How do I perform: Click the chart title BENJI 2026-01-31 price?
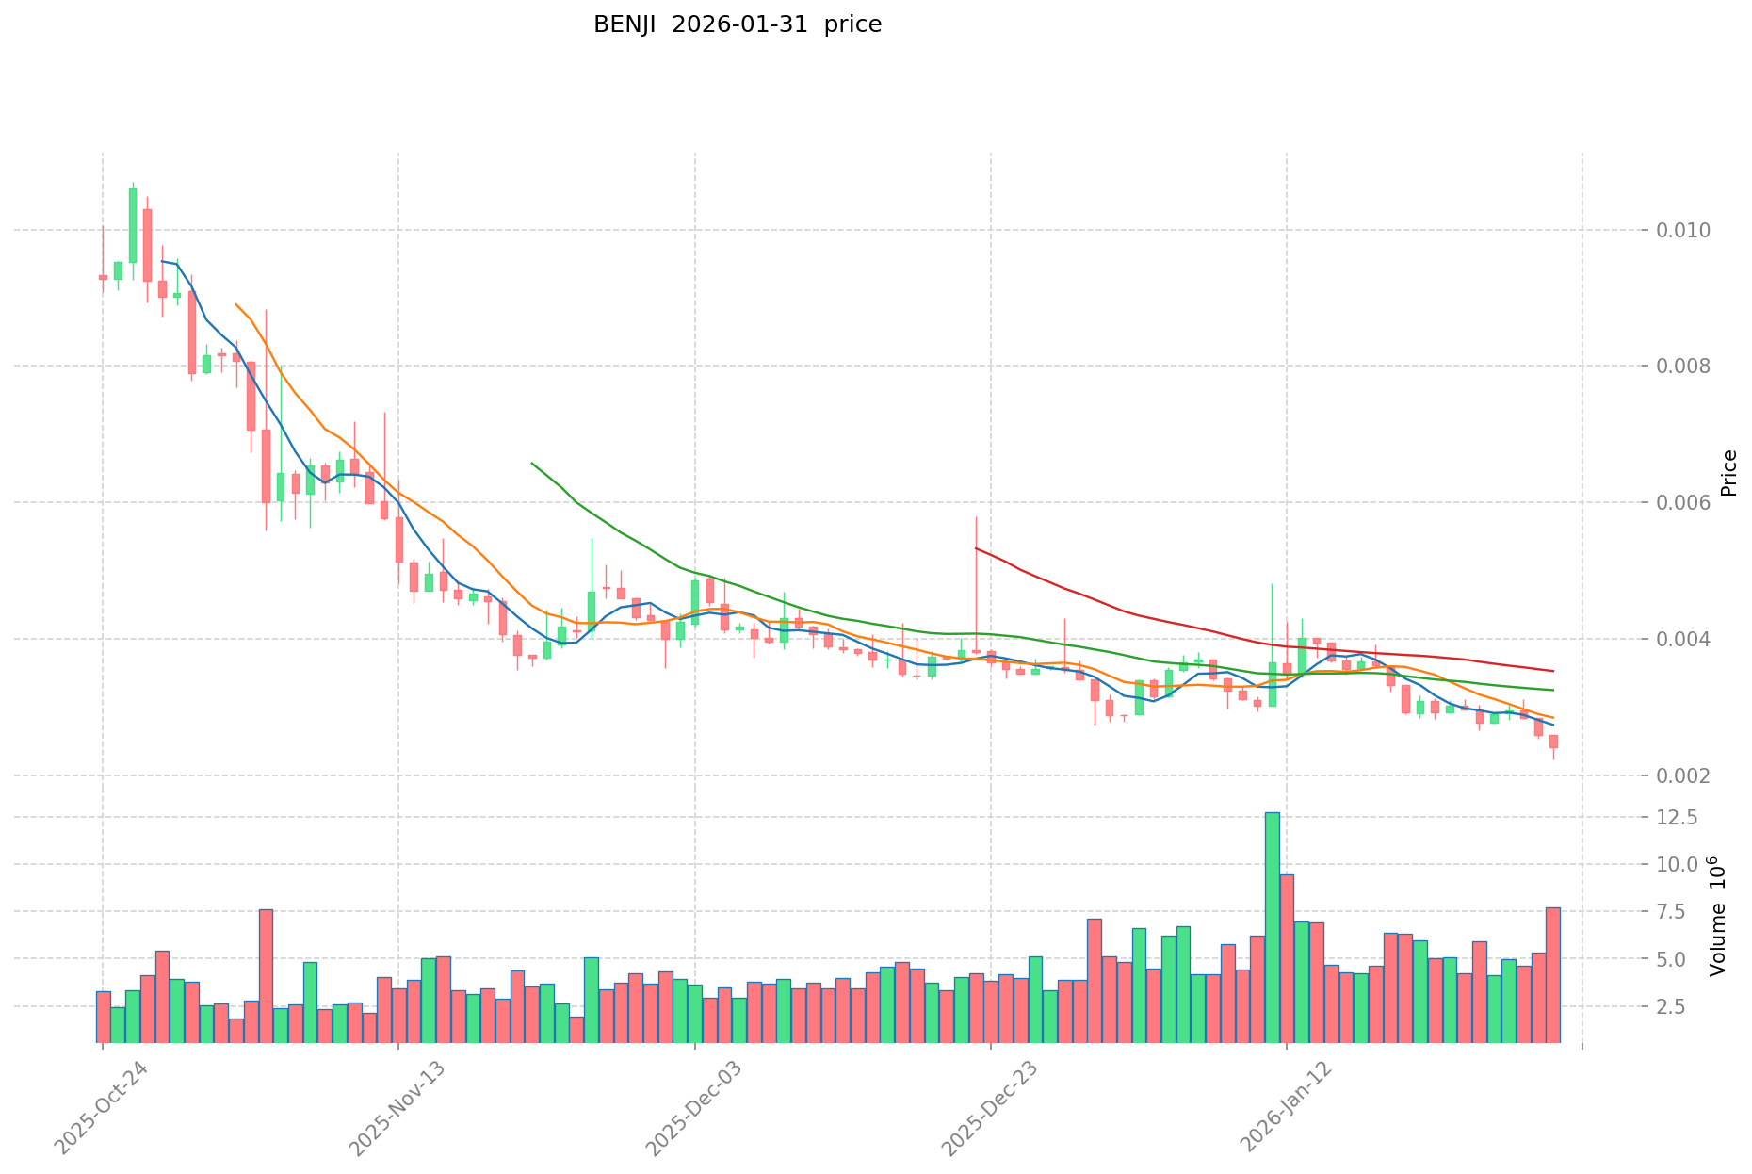737,25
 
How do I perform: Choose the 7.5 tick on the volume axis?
1682,912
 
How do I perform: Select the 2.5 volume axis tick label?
1682,1007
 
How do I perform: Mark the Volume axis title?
1718,916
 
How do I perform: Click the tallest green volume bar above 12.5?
1272,927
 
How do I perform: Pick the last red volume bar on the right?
1552,975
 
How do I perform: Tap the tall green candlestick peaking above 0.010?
133,225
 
